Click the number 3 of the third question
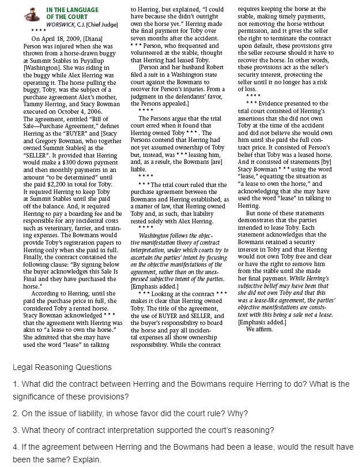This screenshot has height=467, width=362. coord(14,430)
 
